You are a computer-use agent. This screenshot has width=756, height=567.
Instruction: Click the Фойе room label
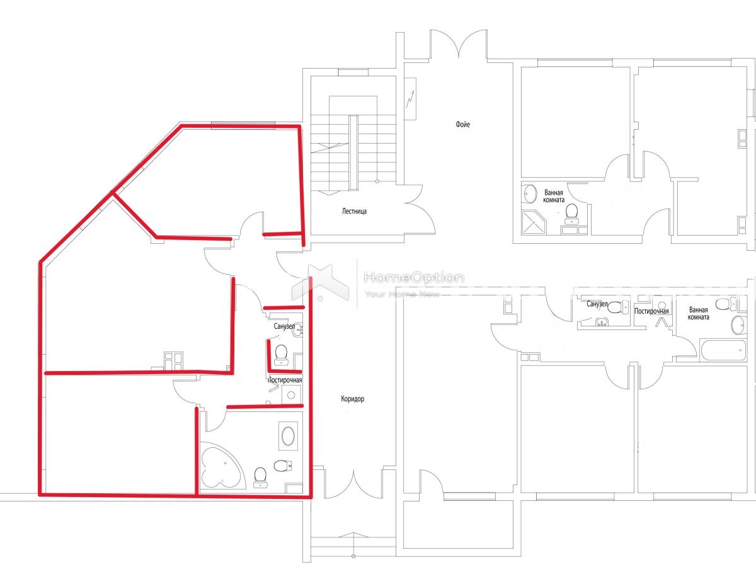click(x=462, y=124)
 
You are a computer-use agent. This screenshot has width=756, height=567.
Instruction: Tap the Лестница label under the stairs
click(x=354, y=211)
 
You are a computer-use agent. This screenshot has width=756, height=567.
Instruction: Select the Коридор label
click(x=352, y=399)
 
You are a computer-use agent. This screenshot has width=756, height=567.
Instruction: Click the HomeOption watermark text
click(x=414, y=277)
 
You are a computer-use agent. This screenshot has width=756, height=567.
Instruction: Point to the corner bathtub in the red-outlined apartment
click(x=222, y=466)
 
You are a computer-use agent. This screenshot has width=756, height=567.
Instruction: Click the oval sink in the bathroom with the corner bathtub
click(x=288, y=436)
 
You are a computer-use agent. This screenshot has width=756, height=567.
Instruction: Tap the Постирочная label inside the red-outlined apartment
click(x=285, y=380)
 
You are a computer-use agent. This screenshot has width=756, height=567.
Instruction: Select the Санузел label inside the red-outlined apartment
click(x=284, y=326)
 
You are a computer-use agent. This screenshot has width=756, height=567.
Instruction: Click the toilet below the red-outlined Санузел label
click(x=281, y=355)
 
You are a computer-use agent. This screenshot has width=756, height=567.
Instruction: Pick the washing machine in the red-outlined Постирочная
click(x=291, y=395)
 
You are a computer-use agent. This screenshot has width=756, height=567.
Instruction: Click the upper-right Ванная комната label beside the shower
click(x=554, y=196)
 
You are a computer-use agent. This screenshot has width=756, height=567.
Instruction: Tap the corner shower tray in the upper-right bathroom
click(x=534, y=222)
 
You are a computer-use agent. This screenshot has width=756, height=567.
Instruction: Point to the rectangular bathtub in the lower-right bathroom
click(x=723, y=350)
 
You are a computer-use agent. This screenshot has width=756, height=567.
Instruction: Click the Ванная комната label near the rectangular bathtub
click(x=698, y=313)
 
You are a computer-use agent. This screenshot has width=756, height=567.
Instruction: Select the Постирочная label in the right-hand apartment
click(x=651, y=311)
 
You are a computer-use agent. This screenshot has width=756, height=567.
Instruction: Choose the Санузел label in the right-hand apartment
click(x=597, y=304)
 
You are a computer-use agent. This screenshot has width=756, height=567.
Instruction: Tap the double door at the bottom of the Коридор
click(x=353, y=483)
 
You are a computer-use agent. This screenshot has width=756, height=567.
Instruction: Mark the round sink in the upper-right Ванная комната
click(x=529, y=195)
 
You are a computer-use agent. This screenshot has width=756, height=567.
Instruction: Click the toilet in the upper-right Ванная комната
click(x=572, y=212)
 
